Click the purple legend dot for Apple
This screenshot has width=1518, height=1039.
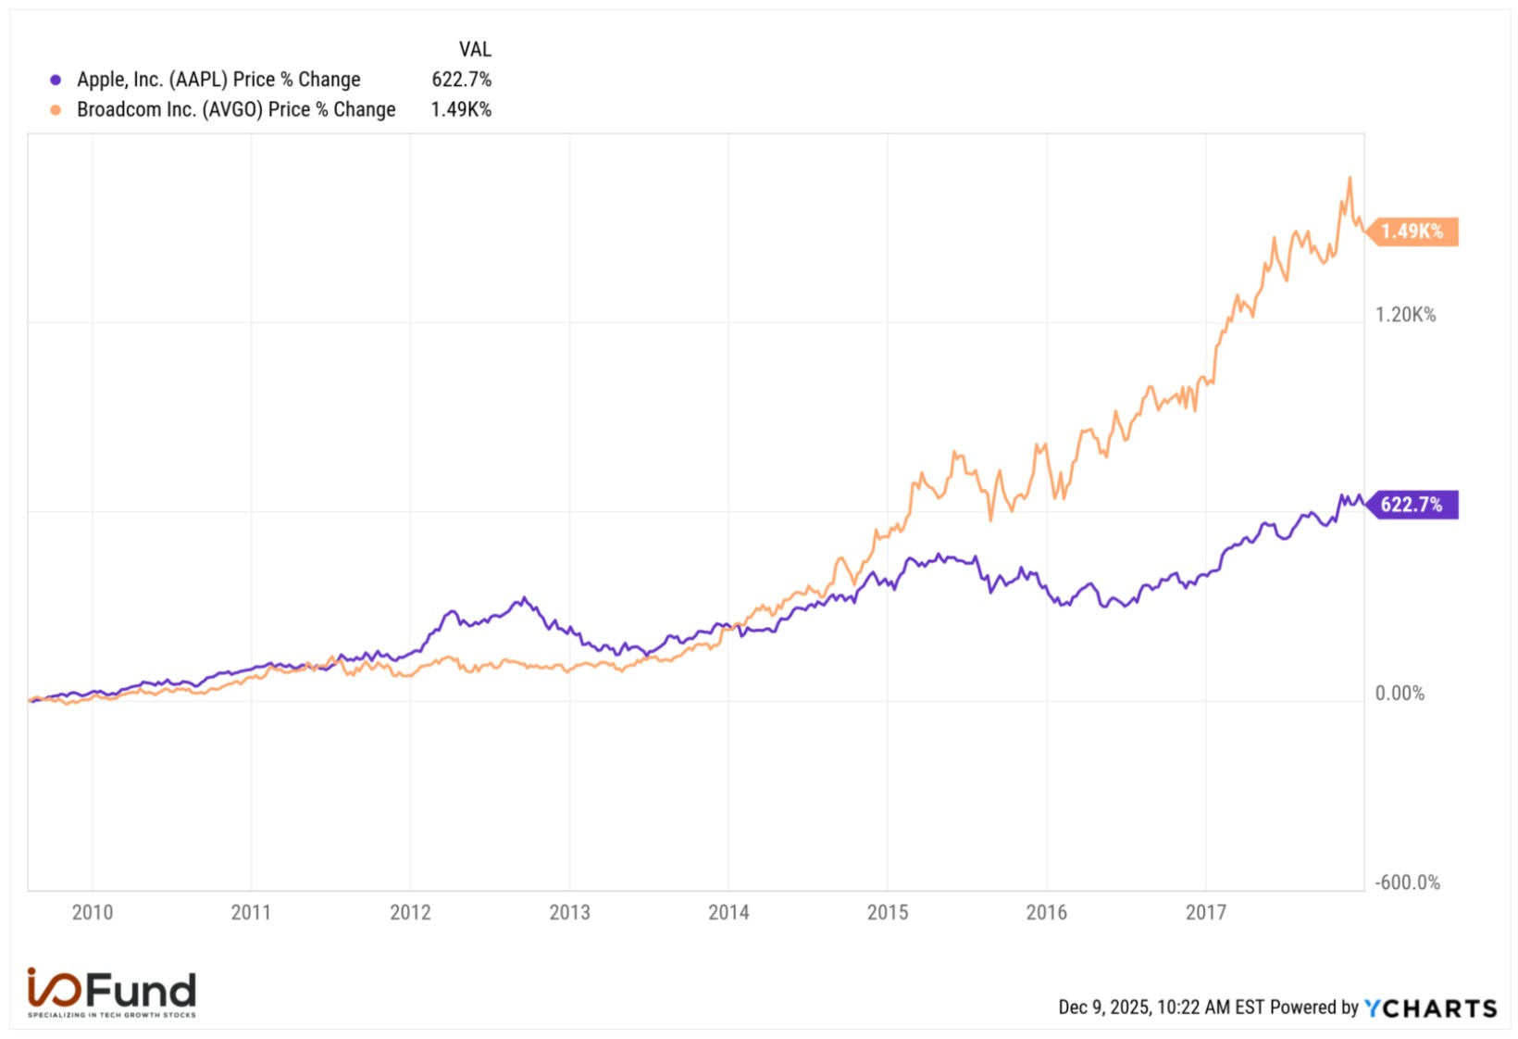[x=56, y=80]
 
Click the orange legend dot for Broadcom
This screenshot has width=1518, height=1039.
[x=56, y=110]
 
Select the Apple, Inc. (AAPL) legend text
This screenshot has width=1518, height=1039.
[x=218, y=80]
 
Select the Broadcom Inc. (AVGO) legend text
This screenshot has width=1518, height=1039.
[x=236, y=110]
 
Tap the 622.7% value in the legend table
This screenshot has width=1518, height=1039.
[x=461, y=80]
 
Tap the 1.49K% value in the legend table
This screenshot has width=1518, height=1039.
[x=461, y=110]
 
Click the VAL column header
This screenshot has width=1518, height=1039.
[x=475, y=49]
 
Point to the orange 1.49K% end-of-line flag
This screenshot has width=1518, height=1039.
[x=1412, y=232]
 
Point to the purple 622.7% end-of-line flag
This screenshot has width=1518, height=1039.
[x=1412, y=505]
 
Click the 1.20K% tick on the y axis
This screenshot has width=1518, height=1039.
[x=1405, y=315]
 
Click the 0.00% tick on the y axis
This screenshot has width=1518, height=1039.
[x=1400, y=694]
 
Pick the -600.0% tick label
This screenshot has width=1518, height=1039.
[x=1407, y=883]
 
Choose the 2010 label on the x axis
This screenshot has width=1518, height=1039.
[x=93, y=913]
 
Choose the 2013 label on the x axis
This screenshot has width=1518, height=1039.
[x=569, y=913]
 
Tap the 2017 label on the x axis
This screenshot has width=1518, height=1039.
[x=1206, y=913]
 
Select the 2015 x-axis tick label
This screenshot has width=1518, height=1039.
[x=888, y=913]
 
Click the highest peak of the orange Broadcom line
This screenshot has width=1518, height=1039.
[x=1350, y=179]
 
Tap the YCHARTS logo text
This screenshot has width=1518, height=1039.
[x=1430, y=1008]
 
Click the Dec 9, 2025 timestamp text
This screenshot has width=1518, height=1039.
[x=1161, y=1008]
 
